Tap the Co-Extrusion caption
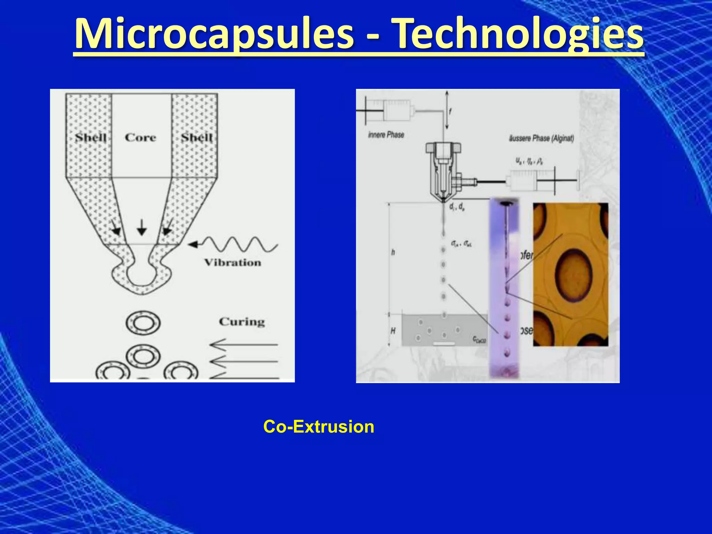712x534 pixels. [x=318, y=427]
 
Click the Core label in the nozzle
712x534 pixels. [x=140, y=138]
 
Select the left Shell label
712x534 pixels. [x=91, y=138]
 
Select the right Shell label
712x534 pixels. [x=196, y=138]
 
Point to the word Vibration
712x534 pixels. [x=233, y=262]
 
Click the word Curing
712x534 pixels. [x=242, y=322]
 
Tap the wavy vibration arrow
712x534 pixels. [x=240, y=244]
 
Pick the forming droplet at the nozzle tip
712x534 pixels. [x=141, y=275]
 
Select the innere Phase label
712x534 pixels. [x=386, y=135]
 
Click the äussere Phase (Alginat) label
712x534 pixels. [x=541, y=138]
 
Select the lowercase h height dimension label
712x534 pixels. [x=393, y=252]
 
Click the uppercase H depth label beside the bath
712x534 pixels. [x=393, y=331]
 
